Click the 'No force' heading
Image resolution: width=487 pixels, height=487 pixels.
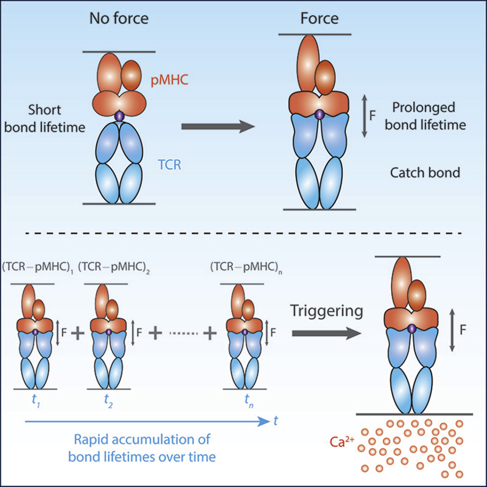[119, 19]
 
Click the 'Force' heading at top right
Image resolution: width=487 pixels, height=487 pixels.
[319, 19]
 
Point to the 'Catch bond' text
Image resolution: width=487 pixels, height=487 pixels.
[425, 172]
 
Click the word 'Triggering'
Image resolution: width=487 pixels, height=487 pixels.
[327, 312]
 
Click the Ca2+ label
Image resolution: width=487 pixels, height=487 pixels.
[341, 442]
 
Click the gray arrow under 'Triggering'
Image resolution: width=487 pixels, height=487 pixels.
[326, 334]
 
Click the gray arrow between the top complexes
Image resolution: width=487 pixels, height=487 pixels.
[217, 127]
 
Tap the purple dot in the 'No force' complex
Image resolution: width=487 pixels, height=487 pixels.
[119, 116]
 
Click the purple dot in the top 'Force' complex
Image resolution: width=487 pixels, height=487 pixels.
[320, 114]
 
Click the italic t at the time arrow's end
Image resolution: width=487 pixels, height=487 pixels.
[276, 420]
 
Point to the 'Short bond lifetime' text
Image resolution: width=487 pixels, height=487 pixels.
[44, 118]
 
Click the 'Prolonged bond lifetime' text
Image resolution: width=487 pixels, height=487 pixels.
[425, 116]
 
